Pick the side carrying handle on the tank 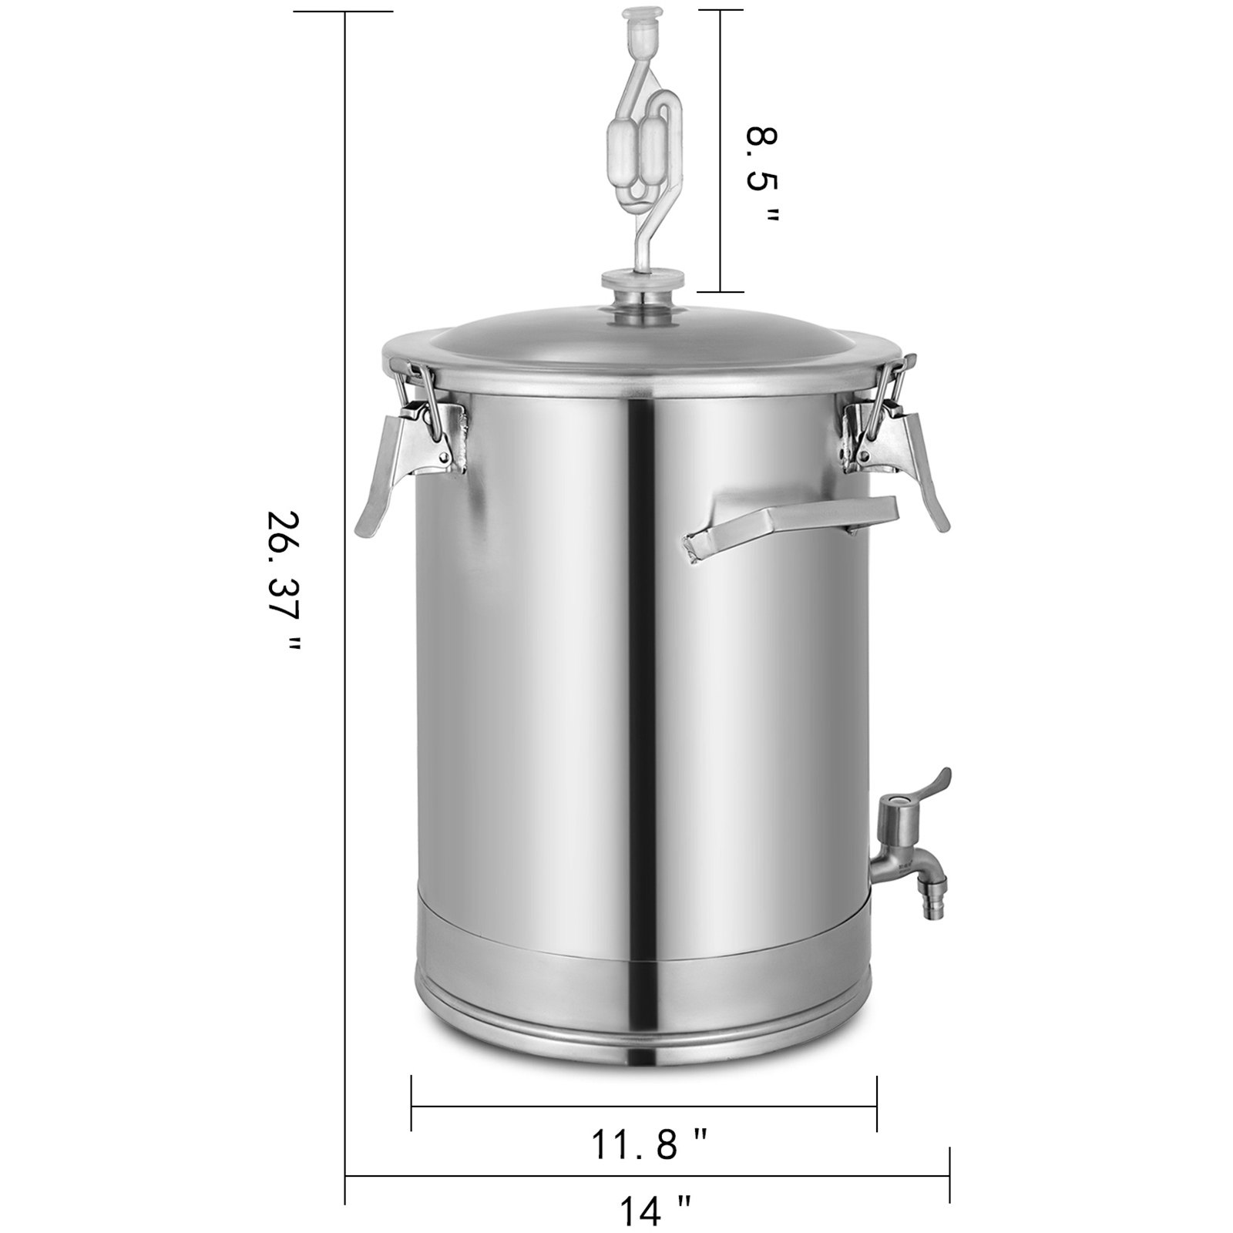pos(794,524)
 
